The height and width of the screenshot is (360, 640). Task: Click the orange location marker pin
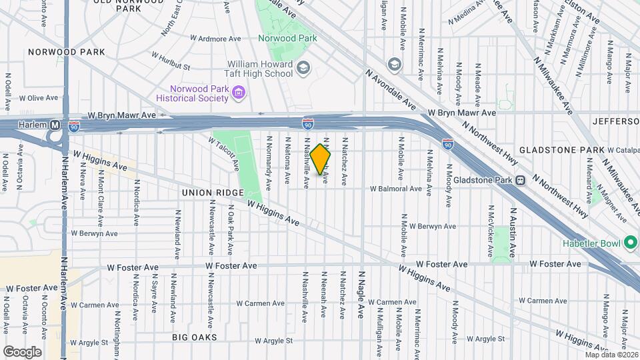pos(321,159)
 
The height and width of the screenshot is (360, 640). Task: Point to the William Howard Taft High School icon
pos(303,67)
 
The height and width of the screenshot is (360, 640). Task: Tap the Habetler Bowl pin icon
pos(630,244)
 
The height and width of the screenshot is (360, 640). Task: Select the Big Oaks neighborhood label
pos(194,337)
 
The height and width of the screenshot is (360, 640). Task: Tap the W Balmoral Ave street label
pos(397,189)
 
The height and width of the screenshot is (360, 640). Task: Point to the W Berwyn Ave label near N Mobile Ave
pos(432,227)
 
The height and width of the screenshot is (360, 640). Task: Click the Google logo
pos(22,351)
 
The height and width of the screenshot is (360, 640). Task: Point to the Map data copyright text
pos(611,354)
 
